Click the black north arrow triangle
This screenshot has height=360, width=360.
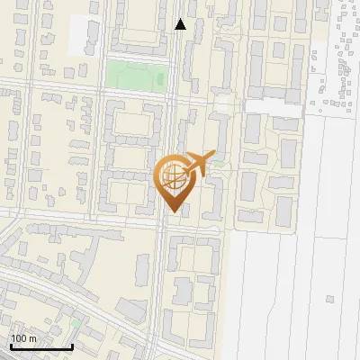[x=181, y=24]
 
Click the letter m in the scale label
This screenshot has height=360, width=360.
[x=33, y=338]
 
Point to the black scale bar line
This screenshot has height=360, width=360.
[x=40, y=346]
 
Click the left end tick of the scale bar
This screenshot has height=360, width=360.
[x=10, y=345]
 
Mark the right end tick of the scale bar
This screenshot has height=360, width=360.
[x=72, y=345]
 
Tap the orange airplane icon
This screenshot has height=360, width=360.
[x=201, y=165]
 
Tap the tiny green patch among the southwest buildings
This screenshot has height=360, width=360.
[x=76, y=321]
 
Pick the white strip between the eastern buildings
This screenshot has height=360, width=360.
[x=274, y=107]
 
